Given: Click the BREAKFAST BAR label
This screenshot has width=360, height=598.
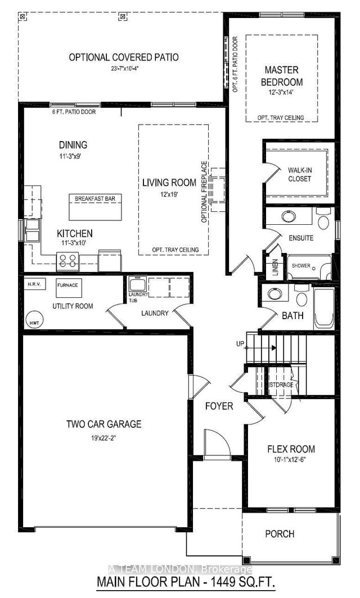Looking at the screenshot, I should tap(93, 198).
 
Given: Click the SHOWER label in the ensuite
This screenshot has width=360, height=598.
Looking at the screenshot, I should tap(301, 266).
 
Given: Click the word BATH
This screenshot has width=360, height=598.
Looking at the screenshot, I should tap(292, 316).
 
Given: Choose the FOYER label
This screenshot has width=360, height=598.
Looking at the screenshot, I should tap(219, 406).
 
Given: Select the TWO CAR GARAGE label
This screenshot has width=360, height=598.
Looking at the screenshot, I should tap(104, 424).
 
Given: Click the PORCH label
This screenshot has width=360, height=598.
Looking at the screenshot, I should tap(280, 533).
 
